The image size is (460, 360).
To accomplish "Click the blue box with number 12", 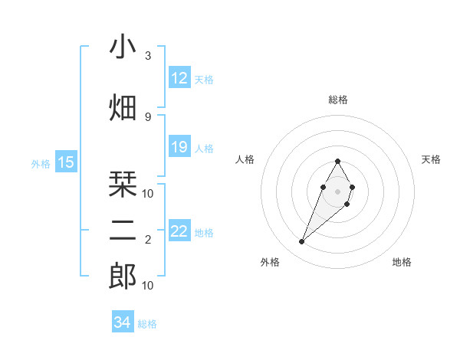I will pos(179,78).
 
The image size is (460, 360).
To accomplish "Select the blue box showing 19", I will pos(179,147).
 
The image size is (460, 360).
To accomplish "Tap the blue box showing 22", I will pos(179,231).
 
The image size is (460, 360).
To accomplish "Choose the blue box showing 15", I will pos(66,162).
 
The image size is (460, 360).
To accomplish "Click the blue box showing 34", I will pos(123,323).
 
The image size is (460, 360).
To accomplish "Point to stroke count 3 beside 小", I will pos(148,56).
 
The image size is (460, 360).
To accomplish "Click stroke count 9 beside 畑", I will pos(148,116).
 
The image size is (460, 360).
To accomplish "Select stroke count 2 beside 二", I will pos(148,240).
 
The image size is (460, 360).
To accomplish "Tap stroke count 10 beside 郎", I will pos(148,286).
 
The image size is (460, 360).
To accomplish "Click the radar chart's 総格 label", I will pos(338,100).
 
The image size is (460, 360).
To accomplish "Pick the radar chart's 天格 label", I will pos(431,159).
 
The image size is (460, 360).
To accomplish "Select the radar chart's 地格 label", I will pos(402,262).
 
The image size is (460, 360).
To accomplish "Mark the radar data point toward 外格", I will pos(302,242).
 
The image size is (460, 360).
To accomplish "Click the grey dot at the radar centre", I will pos(337,191).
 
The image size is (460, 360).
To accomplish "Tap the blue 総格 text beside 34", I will pos(147,324).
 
